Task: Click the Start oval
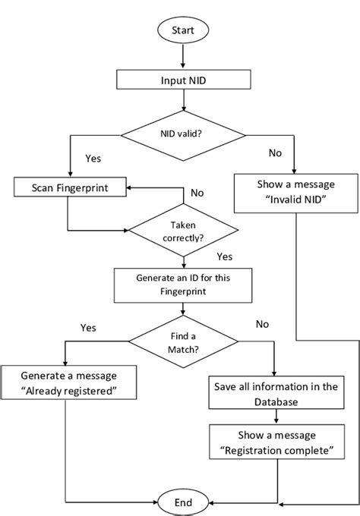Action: tap(182, 31)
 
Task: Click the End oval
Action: tap(182, 502)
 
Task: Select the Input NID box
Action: tap(182, 80)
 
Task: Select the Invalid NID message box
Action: tap(295, 193)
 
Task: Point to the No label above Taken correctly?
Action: tap(197, 193)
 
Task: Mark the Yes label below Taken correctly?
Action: tap(225, 256)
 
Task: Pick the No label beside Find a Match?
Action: tap(262, 324)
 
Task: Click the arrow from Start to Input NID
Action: tap(182, 57)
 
